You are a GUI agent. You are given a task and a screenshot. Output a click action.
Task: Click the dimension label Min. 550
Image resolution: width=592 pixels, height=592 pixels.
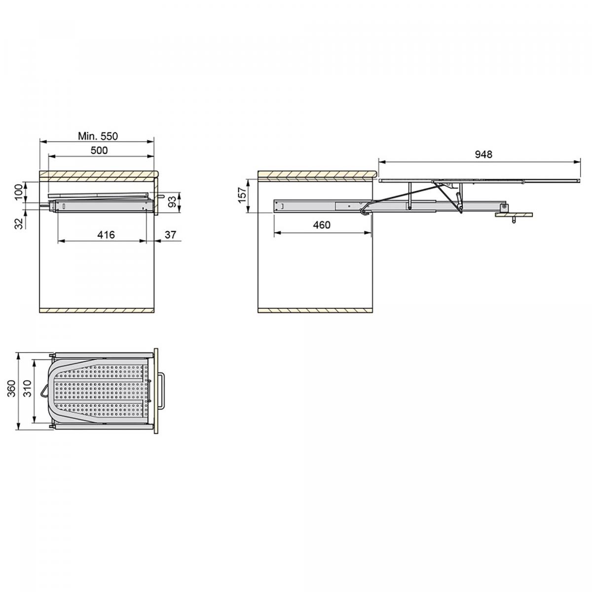coord(98,136)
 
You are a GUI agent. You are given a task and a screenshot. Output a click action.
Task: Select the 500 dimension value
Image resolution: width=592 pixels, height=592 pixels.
coord(99,150)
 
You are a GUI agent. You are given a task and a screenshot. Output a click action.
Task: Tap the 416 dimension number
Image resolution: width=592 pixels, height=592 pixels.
coord(106,235)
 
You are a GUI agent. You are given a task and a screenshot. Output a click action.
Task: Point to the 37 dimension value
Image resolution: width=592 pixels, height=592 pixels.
coord(170,235)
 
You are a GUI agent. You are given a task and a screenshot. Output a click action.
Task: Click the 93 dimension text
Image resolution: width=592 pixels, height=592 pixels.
coord(171,201)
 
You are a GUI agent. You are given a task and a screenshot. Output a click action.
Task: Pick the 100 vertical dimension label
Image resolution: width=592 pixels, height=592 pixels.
coord(19,191)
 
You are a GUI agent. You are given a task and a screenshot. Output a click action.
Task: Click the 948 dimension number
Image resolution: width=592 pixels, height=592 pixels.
coord(483,154)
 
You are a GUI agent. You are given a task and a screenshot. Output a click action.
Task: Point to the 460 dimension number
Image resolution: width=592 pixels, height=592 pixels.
coord(321,225)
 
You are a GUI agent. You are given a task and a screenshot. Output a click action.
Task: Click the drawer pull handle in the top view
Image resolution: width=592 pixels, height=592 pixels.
coord(162,391)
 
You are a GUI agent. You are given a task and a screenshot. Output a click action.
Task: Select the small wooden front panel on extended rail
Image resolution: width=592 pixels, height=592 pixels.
coord(515,215)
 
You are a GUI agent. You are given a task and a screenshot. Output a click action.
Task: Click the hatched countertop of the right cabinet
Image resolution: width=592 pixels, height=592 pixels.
coord(316,174)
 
